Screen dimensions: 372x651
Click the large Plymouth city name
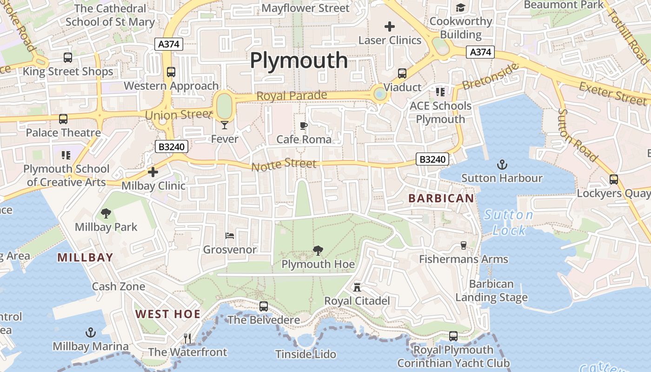299,61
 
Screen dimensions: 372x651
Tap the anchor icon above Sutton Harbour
502,164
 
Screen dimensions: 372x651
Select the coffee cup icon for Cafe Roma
304,126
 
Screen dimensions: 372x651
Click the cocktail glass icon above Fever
225,125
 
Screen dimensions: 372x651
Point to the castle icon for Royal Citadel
357,287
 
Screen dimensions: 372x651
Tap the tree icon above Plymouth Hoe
318,251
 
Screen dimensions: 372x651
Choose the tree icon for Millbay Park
106,213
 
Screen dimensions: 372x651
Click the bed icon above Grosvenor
230,236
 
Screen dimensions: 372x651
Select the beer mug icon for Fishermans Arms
463,245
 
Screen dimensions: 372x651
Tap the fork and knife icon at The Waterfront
187,338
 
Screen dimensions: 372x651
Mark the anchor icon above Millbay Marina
91,332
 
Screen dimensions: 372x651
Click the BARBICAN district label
441,199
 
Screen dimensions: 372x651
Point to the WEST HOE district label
168,314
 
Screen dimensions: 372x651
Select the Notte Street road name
284,164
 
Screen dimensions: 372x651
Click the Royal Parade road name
292,96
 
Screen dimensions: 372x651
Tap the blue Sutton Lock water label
508,222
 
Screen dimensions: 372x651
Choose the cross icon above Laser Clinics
390,27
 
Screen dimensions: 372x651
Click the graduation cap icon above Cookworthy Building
460,7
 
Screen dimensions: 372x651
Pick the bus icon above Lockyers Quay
613,179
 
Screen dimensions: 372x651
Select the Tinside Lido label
306,354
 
